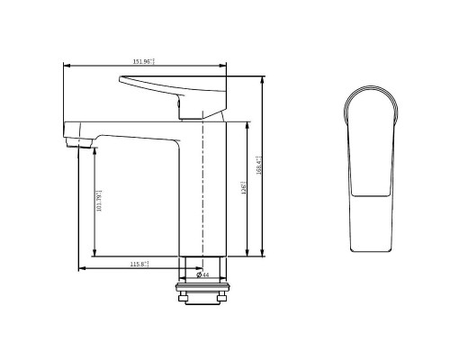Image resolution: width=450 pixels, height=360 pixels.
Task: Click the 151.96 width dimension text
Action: pyautogui.click(x=144, y=61)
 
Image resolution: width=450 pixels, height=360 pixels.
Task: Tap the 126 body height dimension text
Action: pyautogui.click(x=243, y=189)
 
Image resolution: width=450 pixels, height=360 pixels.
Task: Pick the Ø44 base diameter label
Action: pyautogui.click(x=203, y=274)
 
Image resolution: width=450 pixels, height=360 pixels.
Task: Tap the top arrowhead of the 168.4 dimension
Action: pyautogui.click(x=262, y=79)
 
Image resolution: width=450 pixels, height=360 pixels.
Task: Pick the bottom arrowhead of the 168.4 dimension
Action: pyautogui.click(x=262, y=254)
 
